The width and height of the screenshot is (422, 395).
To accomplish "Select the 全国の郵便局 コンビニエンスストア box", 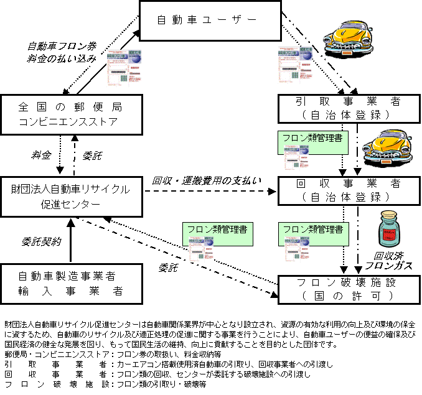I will pyautogui.click(x=68, y=114).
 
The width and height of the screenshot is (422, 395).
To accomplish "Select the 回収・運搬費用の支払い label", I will pyautogui.click(x=207, y=181).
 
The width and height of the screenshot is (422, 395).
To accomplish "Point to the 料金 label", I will pyautogui.click(x=42, y=154).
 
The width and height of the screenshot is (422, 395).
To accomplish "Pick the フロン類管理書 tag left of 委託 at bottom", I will pyautogui.click(x=217, y=229).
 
